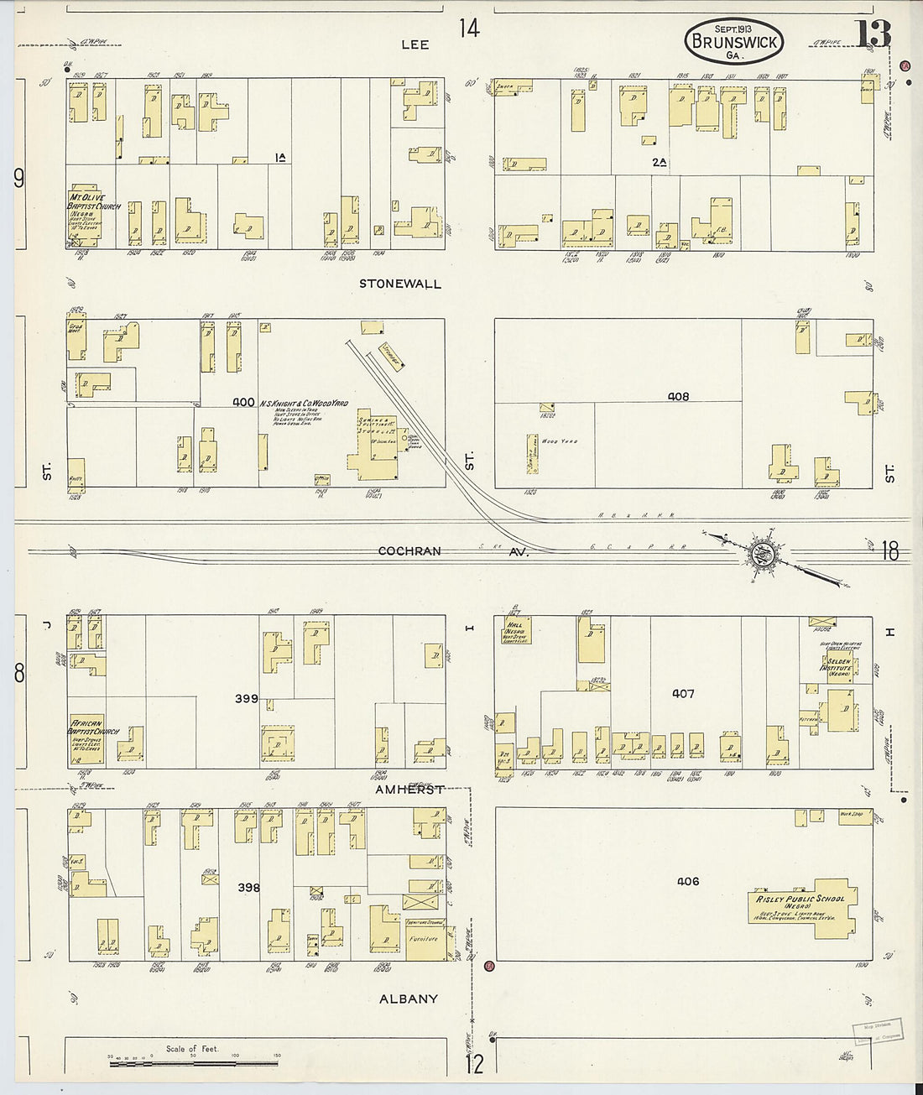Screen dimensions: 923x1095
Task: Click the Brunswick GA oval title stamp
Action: click(x=733, y=41)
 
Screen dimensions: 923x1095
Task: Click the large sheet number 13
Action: click(x=873, y=34)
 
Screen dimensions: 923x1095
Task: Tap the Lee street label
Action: click(x=415, y=44)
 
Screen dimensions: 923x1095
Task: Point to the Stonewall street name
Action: click(x=400, y=284)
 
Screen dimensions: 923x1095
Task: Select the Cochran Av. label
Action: click(x=410, y=551)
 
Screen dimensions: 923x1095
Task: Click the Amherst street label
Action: click(x=409, y=790)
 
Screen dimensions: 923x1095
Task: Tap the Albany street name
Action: click(x=409, y=999)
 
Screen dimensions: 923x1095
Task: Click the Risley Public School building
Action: click(x=801, y=905)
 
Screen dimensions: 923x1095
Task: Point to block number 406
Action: click(x=688, y=881)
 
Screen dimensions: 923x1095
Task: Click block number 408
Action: click(x=678, y=396)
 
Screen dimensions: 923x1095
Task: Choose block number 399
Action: click(x=247, y=697)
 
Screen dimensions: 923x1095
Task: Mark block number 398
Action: click(x=248, y=887)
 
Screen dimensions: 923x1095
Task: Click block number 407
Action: click(x=683, y=694)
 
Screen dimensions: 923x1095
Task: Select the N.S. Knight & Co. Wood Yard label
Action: click(x=304, y=403)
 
